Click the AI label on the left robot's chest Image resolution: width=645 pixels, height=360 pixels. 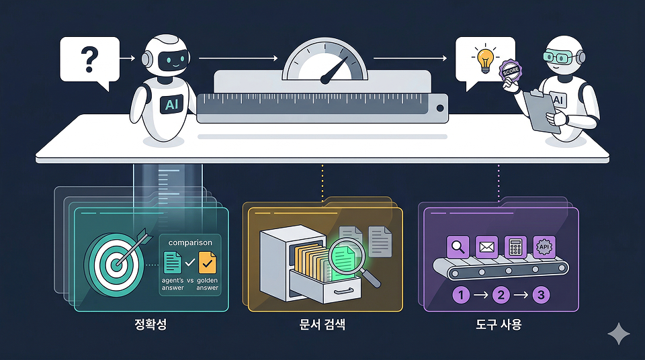(171, 104)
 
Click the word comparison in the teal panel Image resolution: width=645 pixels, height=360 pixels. (191, 242)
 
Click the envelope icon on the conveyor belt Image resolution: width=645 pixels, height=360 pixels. (486, 246)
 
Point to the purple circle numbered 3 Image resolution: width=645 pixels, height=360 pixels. (541, 294)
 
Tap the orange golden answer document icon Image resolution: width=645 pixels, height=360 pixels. (208, 261)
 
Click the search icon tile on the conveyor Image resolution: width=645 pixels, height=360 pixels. (458, 246)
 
